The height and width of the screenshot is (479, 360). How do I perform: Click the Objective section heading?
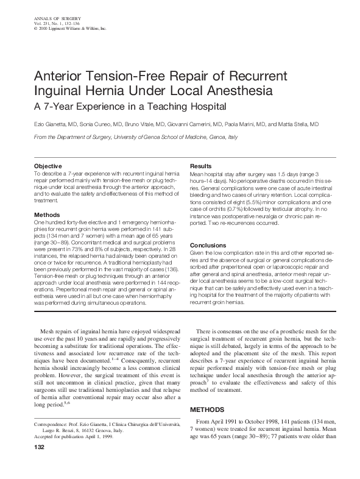pyautogui.click(x=48, y=166)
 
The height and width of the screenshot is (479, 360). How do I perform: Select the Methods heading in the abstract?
pyautogui.click(x=46, y=215)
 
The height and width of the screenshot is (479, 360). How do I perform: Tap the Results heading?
pyautogui.click(x=201, y=166)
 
